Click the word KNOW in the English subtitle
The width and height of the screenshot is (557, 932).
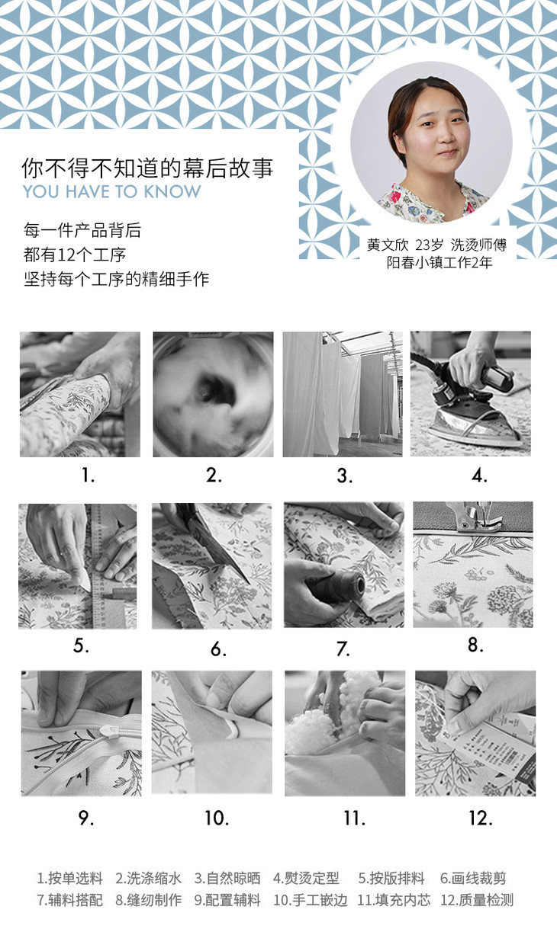[x=172, y=191]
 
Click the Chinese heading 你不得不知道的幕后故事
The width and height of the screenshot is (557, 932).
[x=147, y=168]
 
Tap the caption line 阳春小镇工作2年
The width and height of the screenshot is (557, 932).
[x=439, y=263]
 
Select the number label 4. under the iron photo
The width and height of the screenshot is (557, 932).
[x=479, y=476]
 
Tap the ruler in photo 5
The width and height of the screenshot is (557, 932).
[x=96, y=566]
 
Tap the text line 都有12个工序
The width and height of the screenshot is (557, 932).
[x=75, y=255]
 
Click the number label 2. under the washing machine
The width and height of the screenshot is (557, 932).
[x=214, y=476]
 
